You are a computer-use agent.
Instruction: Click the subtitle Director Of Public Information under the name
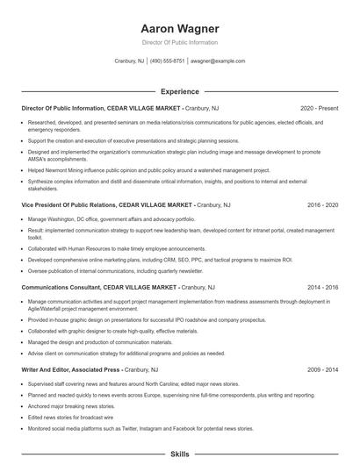tap(179, 42)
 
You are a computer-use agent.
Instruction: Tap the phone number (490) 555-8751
tap(167, 61)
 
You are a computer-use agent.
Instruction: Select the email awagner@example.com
tap(218, 61)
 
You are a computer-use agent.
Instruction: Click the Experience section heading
tap(179, 91)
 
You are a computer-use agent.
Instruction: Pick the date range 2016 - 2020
tap(323, 204)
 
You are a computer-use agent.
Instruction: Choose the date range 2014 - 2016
tap(323, 287)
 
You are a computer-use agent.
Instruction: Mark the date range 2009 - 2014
tap(323, 370)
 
